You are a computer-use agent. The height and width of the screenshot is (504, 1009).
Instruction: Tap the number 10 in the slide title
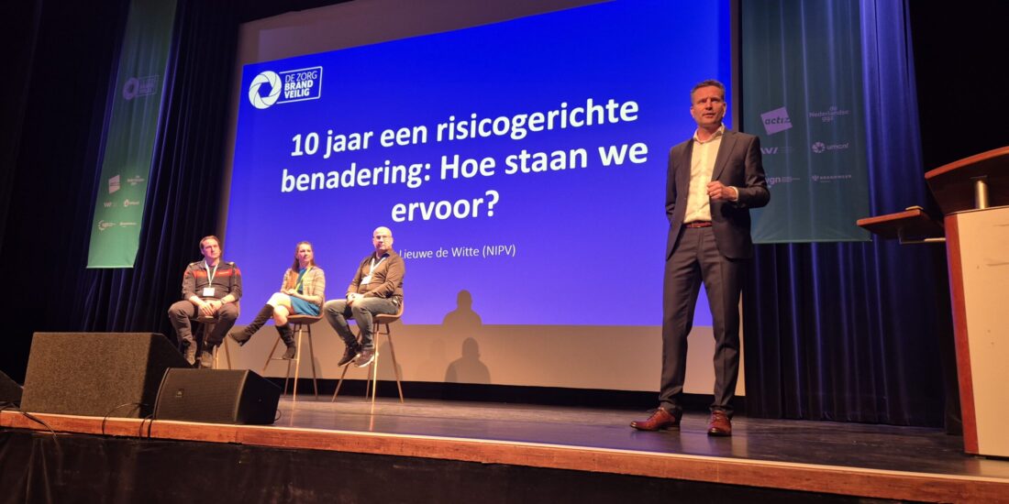tap(306, 144)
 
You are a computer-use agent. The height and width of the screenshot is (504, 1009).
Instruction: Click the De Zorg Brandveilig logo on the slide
tap(285, 88)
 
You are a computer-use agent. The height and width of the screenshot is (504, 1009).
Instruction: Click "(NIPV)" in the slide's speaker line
tap(493, 250)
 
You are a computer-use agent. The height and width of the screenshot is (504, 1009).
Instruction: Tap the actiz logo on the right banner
tap(776, 120)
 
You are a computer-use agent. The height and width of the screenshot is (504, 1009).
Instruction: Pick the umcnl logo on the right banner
tap(830, 147)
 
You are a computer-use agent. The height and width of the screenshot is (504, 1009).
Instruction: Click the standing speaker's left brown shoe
tap(656, 420)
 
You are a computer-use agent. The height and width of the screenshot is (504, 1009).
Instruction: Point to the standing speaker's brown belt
tap(699, 224)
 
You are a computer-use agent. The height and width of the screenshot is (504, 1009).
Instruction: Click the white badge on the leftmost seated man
tap(208, 291)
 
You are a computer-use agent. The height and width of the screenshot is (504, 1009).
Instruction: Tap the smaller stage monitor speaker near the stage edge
tap(216, 396)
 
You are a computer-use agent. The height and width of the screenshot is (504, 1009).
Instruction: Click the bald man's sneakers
tap(358, 356)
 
